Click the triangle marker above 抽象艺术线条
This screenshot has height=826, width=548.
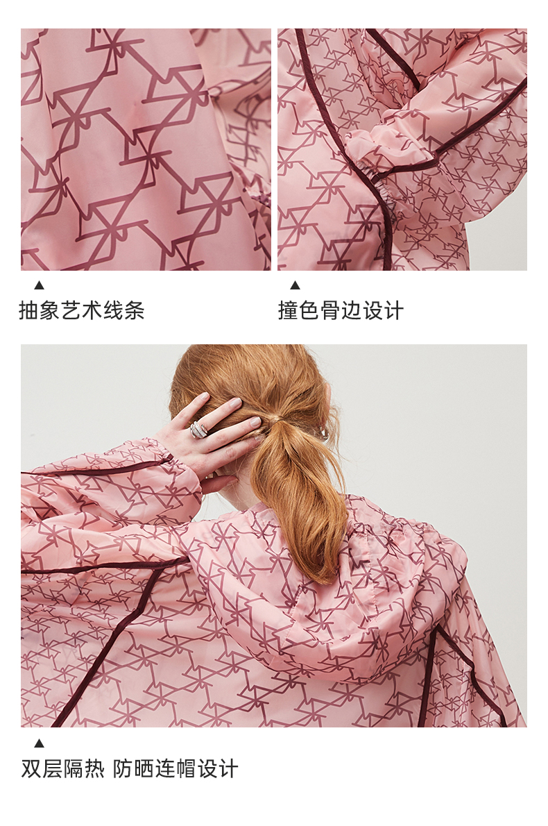(x=39, y=285)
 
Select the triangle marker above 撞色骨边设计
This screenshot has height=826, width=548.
(x=296, y=285)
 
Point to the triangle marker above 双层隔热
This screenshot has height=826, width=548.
(x=39, y=743)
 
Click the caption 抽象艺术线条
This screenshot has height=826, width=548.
(x=82, y=310)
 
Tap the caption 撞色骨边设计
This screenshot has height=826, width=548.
(x=341, y=310)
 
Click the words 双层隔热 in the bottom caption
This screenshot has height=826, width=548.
(x=62, y=768)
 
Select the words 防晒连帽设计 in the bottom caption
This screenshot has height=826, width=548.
(x=175, y=768)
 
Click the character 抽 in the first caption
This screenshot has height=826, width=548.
(x=29, y=310)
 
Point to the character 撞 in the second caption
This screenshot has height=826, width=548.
(x=289, y=310)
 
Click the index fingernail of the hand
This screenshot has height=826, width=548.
(x=234, y=403)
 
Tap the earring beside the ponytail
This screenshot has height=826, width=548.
(x=322, y=433)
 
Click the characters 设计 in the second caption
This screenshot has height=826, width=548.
(x=383, y=310)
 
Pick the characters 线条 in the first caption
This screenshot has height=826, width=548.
(x=123, y=310)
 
